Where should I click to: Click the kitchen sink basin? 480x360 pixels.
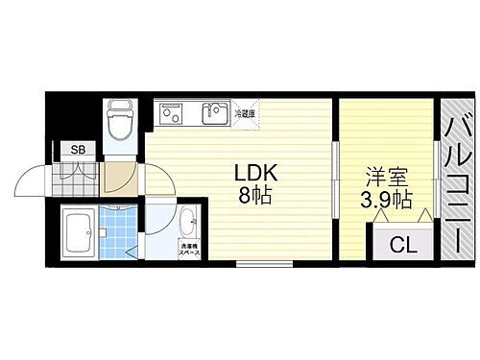[214, 113]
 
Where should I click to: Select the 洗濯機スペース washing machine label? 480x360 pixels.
[191, 252]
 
